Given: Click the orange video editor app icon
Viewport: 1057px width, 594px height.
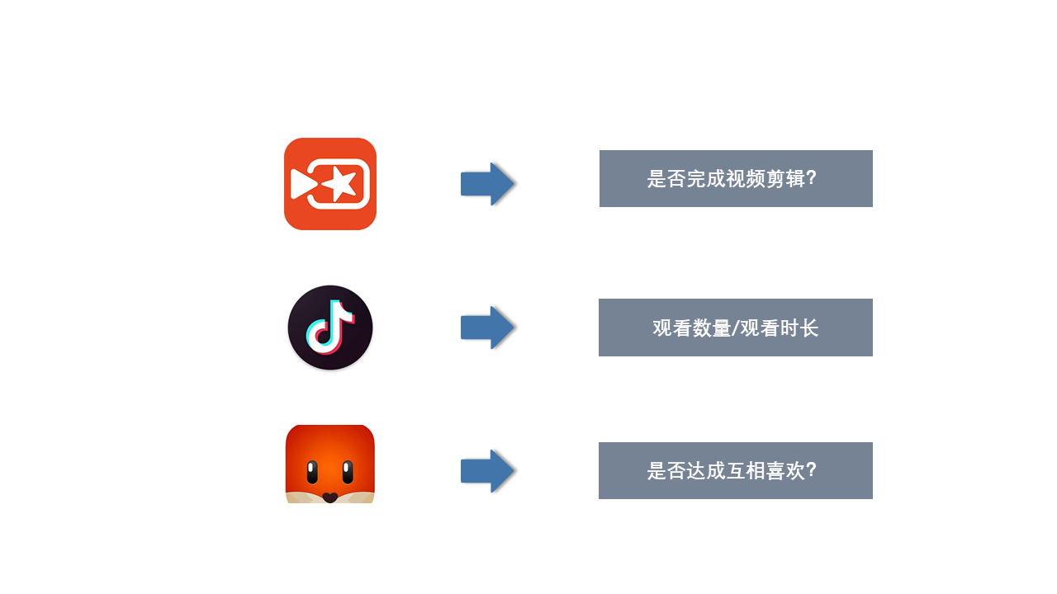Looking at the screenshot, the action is coord(329,184).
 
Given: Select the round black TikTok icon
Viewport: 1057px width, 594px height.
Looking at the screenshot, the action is coord(329,328).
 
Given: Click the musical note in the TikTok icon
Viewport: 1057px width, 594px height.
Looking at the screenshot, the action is coord(330,327).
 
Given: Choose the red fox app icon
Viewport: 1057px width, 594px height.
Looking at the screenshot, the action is coord(329,464).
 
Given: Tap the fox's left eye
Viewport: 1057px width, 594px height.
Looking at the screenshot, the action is coord(312,473).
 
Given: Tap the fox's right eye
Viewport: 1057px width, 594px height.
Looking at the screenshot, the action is coord(348,473).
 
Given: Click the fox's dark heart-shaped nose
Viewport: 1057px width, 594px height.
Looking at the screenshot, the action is coord(329,497).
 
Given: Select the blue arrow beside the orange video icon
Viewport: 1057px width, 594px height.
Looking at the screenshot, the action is coord(487,184).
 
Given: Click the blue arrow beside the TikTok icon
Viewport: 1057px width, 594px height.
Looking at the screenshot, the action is coord(487,328).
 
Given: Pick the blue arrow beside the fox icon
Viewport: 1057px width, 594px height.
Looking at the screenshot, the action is coord(487,471).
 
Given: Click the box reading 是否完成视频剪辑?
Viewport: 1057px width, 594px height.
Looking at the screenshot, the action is coord(736,179).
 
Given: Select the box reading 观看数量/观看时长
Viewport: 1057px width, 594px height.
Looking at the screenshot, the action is coord(736,328).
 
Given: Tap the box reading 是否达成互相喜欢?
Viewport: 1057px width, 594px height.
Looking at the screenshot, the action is coord(736,470).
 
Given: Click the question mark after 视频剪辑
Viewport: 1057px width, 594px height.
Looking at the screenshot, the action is coord(812,178).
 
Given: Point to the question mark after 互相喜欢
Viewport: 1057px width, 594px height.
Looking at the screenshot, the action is coord(812,470).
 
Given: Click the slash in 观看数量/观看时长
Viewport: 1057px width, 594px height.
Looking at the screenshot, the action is coord(735,328).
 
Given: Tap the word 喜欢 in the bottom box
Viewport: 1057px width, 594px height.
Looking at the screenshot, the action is coord(785,470).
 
